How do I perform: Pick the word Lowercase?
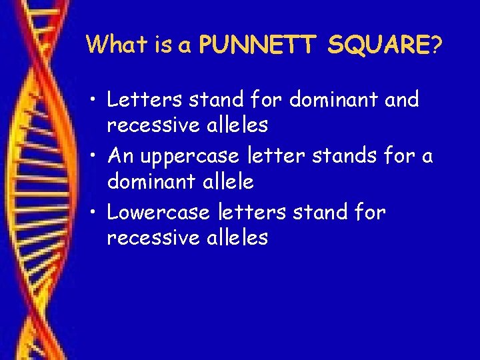pyautogui.click(x=159, y=212)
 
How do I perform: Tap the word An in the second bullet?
pyautogui.click(x=121, y=156)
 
